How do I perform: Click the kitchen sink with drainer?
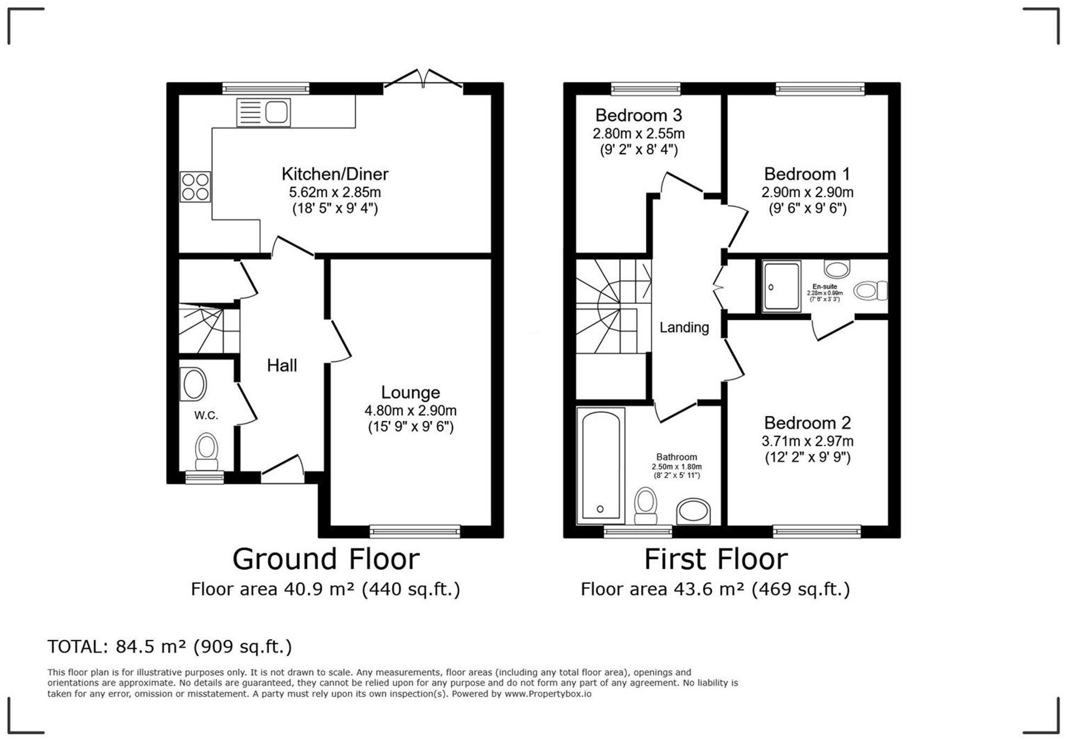[x=263, y=113]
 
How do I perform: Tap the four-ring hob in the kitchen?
[x=195, y=187]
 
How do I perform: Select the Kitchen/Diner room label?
[x=335, y=174]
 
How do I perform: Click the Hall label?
[x=282, y=366]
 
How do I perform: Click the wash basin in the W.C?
[x=194, y=384]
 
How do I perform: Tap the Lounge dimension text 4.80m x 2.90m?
[x=410, y=411]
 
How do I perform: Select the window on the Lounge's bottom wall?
[x=415, y=531]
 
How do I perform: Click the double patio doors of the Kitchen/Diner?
[x=423, y=80]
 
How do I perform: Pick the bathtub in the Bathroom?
[x=600, y=466]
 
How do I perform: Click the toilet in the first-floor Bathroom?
[x=645, y=505]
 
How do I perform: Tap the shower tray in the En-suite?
[x=781, y=286]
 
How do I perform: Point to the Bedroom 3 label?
[x=638, y=115]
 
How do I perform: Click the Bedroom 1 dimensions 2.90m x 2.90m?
[x=807, y=192]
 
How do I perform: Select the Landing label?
[x=684, y=327]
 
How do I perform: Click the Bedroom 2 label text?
[x=807, y=422]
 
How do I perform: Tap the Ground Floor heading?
[x=326, y=559]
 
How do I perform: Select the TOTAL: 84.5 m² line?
[x=170, y=646]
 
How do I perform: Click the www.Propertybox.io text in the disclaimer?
[x=548, y=694]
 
